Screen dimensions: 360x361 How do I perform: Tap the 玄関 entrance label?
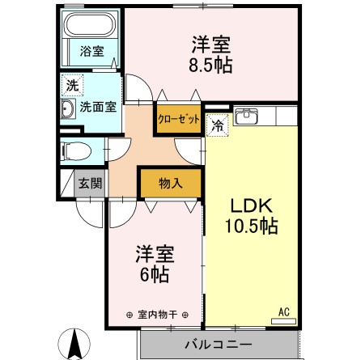89,183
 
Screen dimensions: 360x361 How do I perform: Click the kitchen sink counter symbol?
246,117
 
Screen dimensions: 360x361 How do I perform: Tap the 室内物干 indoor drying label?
157,315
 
